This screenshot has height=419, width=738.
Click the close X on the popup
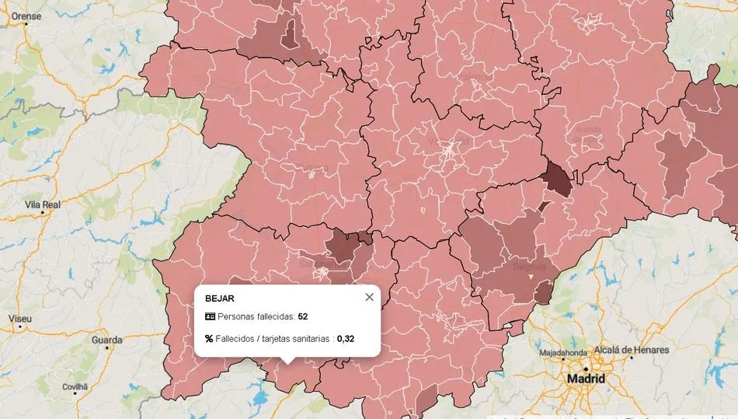tap(369, 297)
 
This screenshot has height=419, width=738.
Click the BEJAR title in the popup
tap(220, 298)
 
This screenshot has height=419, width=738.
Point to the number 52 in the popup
tap(303, 316)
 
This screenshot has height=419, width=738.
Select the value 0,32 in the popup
tap(346, 338)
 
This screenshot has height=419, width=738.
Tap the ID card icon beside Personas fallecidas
tap(210, 316)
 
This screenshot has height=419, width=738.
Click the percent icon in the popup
tap(209, 338)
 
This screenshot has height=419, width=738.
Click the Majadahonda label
tap(565, 352)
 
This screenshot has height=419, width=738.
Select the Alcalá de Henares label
tap(631, 350)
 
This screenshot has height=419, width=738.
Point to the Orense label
tap(24, 14)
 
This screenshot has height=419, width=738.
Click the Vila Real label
tap(43, 204)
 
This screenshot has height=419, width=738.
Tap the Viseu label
tap(20, 319)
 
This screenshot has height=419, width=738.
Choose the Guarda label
tap(106, 340)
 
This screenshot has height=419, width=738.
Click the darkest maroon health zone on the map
tap(557, 180)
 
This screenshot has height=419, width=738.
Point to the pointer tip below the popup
tap(287, 362)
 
